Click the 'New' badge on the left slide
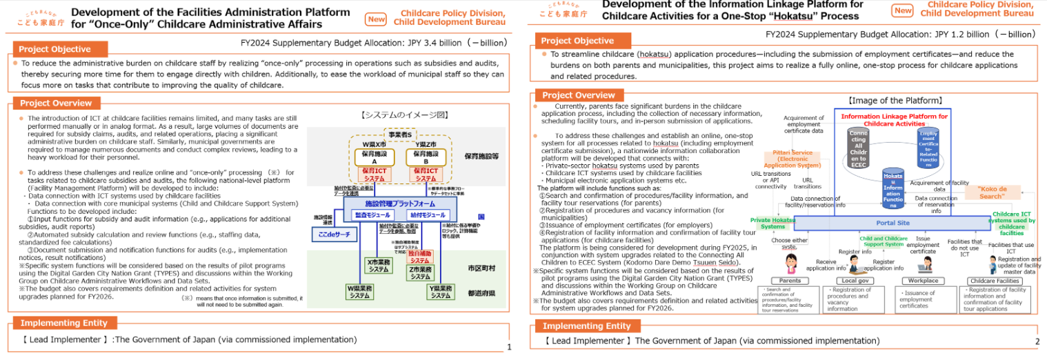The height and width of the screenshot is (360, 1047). tap(377, 19)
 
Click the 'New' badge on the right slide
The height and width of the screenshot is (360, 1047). tap(902, 10)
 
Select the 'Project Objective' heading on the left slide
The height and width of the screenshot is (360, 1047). tap(54, 49)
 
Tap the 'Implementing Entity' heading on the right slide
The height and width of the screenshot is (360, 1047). tap(586, 326)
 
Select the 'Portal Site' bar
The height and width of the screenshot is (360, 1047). tap(893, 223)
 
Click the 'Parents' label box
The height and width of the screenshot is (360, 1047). tap(790, 281)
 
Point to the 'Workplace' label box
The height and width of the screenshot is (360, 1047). tap(923, 281)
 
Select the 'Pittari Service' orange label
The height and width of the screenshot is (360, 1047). tap(792, 159)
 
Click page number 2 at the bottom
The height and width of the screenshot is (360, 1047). tap(1037, 341)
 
